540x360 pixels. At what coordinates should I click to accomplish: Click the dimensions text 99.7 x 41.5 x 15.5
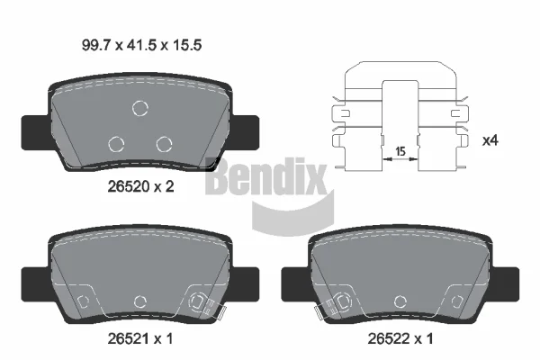click(x=141, y=45)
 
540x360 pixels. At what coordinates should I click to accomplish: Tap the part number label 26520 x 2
click(x=141, y=186)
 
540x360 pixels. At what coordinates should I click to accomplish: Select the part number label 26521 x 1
click(x=140, y=338)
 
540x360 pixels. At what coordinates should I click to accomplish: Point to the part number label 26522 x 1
click(x=400, y=338)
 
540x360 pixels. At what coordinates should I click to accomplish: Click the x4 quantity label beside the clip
click(x=490, y=140)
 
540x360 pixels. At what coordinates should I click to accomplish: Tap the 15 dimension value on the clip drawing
click(x=400, y=151)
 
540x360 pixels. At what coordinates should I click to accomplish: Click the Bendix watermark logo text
click(x=265, y=175)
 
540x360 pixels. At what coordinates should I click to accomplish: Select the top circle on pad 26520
click(x=140, y=108)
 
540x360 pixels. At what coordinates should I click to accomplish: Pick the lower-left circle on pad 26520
click(x=116, y=144)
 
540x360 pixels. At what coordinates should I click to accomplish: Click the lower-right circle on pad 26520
click(x=164, y=144)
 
